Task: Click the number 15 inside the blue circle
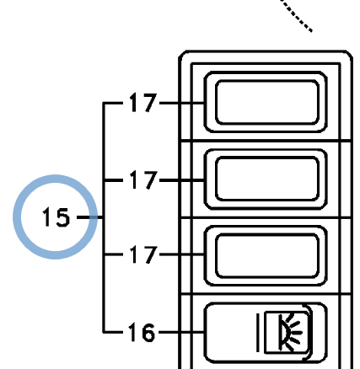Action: [x=56, y=217]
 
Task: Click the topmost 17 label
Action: [x=142, y=103]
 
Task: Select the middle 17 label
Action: [x=142, y=179]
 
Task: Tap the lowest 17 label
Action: [x=142, y=254]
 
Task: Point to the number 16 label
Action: [x=142, y=332]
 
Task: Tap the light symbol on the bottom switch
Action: [x=287, y=332]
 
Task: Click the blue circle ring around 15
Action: [x=56, y=179]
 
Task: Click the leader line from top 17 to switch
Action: [x=182, y=103]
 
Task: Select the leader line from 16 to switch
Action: [x=181, y=332]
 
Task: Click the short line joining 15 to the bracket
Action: [x=90, y=217]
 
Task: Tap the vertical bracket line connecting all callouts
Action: [x=104, y=217]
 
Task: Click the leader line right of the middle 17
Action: [x=182, y=180]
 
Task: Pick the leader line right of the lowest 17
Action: [x=182, y=254]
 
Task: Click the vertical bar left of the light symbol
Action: [x=258, y=333]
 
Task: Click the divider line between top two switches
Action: [x=266, y=141]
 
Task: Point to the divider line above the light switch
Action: [x=266, y=294]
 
